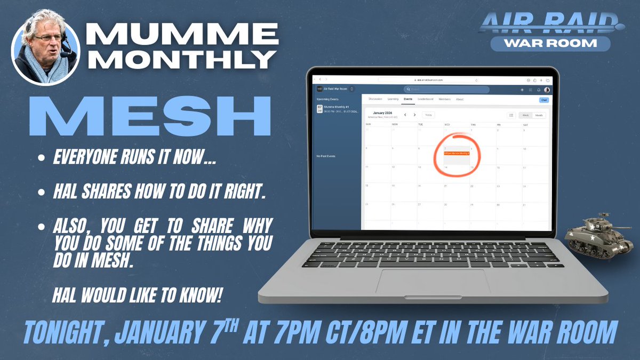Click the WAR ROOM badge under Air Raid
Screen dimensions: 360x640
pyautogui.click(x=551, y=43)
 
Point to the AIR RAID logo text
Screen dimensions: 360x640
pyautogui.click(x=551, y=20)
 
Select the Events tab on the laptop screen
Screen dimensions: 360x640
pyautogui.click(x=408, y=99)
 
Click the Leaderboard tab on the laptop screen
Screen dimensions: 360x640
pyautogui.click(x=425, y=99)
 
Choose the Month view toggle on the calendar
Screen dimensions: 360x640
pyautogui.click(x=539, y=115)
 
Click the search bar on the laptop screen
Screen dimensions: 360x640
pyautogui.click(x=446, y=90)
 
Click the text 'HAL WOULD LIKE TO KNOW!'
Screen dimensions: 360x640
pyautogui.click(x=137, y=296)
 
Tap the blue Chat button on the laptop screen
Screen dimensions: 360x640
pyautogui.click(x=543, y=100)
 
